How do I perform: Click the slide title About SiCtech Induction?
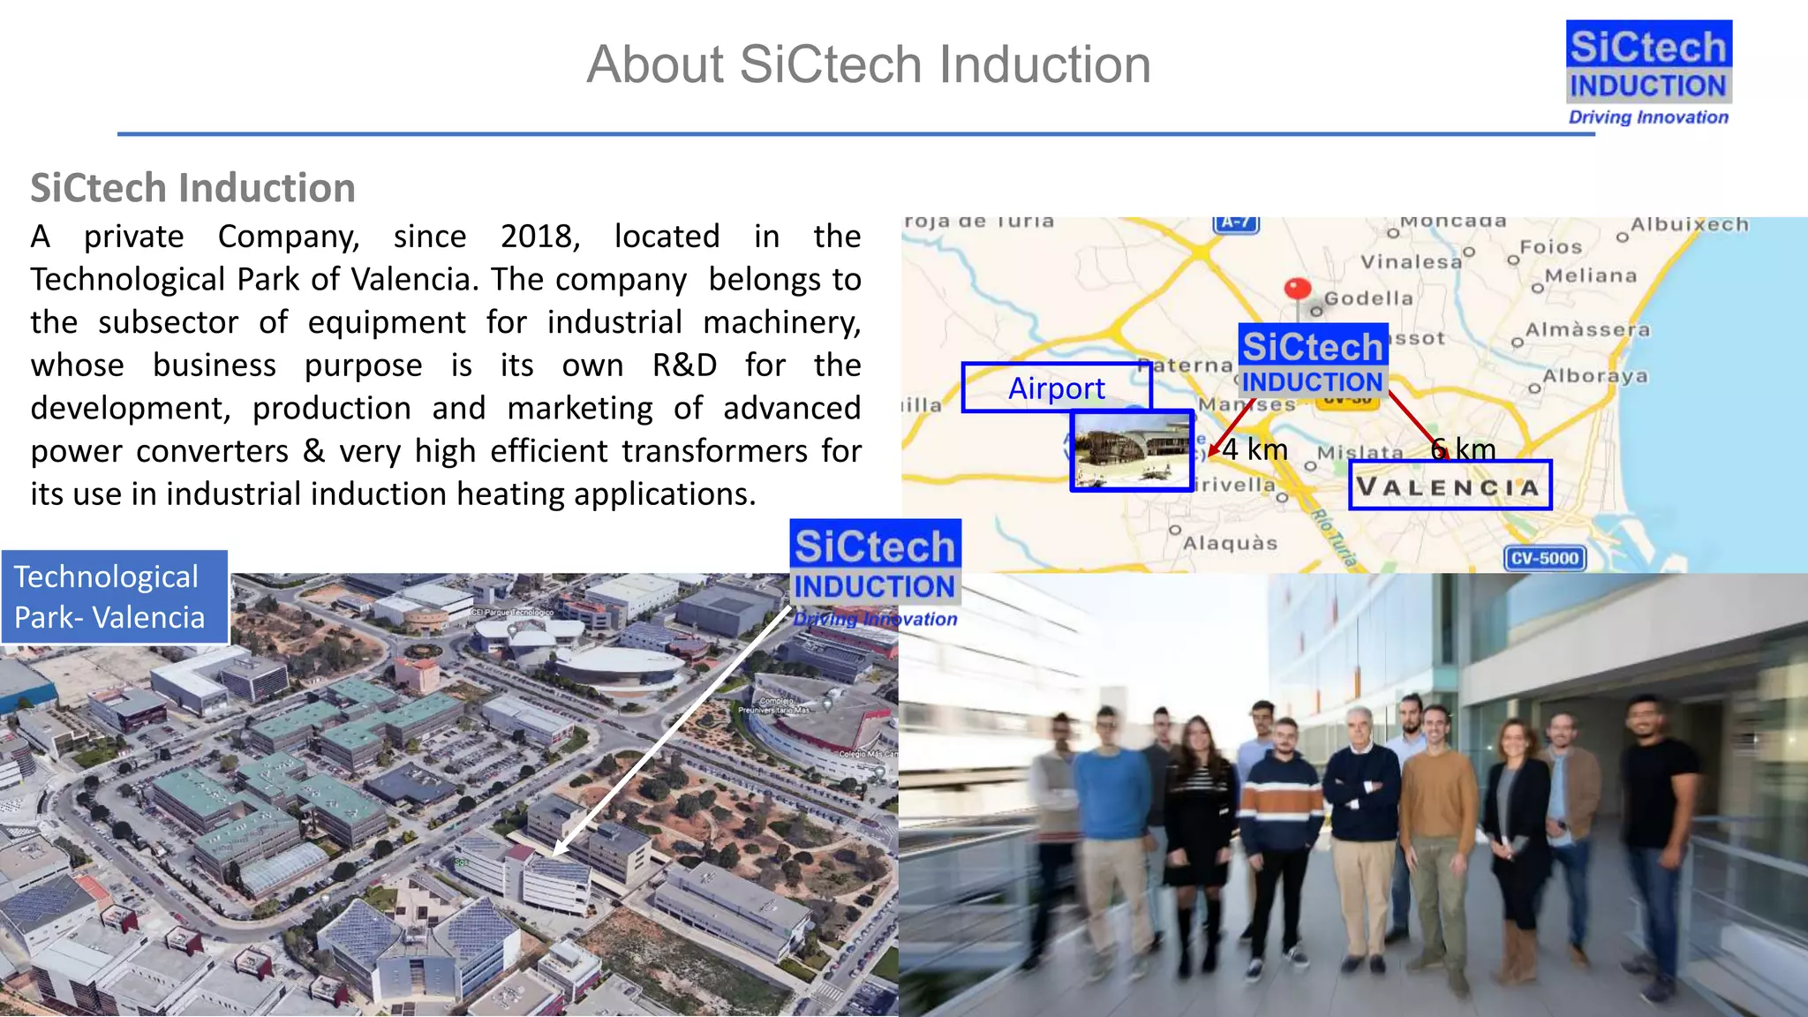[x=869, y=64]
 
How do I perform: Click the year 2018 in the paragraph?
[x=539, y=237]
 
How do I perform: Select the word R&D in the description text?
[x=683, y=365]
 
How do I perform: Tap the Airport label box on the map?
[x=1056, y=388]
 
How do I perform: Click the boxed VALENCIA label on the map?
[x=1450, y=486]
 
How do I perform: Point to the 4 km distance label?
[x=1254, y=449]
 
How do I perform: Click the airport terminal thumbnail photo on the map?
[x=1132, y=451]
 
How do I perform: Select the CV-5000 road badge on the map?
[x=1544, y=558]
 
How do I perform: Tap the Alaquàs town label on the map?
[x=1230, y=543]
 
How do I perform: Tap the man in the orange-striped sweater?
[x=1281, y=795]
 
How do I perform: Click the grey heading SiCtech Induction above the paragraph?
[x=192, y=188]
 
